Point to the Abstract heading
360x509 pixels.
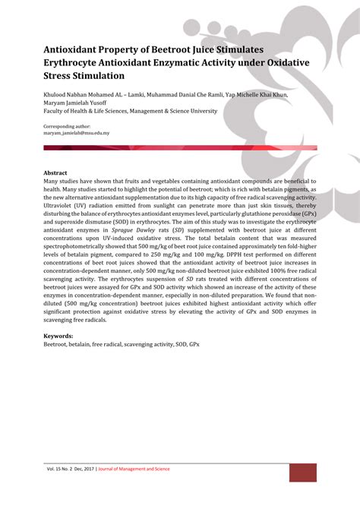click(x=55, y=173)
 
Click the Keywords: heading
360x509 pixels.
click(x=58, y=336)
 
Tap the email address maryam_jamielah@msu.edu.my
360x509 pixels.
click(x=77, y=133)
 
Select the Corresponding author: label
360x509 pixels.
click(x=67, y=126)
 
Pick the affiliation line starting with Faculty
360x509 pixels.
click(x=130, y=111)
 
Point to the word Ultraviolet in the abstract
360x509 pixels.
click(x=62, y=205)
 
